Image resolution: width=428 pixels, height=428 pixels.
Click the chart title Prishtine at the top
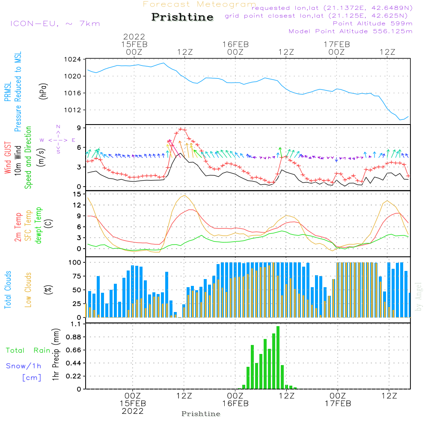182,17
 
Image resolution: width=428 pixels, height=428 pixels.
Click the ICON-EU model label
55,23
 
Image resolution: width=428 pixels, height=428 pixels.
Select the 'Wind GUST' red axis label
8,158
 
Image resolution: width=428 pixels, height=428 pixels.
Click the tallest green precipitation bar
278,357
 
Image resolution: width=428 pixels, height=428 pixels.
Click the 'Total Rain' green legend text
28,351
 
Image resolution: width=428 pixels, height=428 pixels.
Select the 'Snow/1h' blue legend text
24,366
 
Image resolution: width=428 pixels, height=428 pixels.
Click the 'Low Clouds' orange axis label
28,289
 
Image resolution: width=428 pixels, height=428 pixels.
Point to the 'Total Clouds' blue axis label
8,289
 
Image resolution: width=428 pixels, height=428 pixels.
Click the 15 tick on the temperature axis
77,194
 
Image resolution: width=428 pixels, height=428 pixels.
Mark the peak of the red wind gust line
181,129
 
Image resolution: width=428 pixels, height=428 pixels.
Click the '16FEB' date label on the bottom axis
235,403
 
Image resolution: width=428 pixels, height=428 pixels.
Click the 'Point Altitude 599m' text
372,24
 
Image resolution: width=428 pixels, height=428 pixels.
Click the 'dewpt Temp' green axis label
39,226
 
